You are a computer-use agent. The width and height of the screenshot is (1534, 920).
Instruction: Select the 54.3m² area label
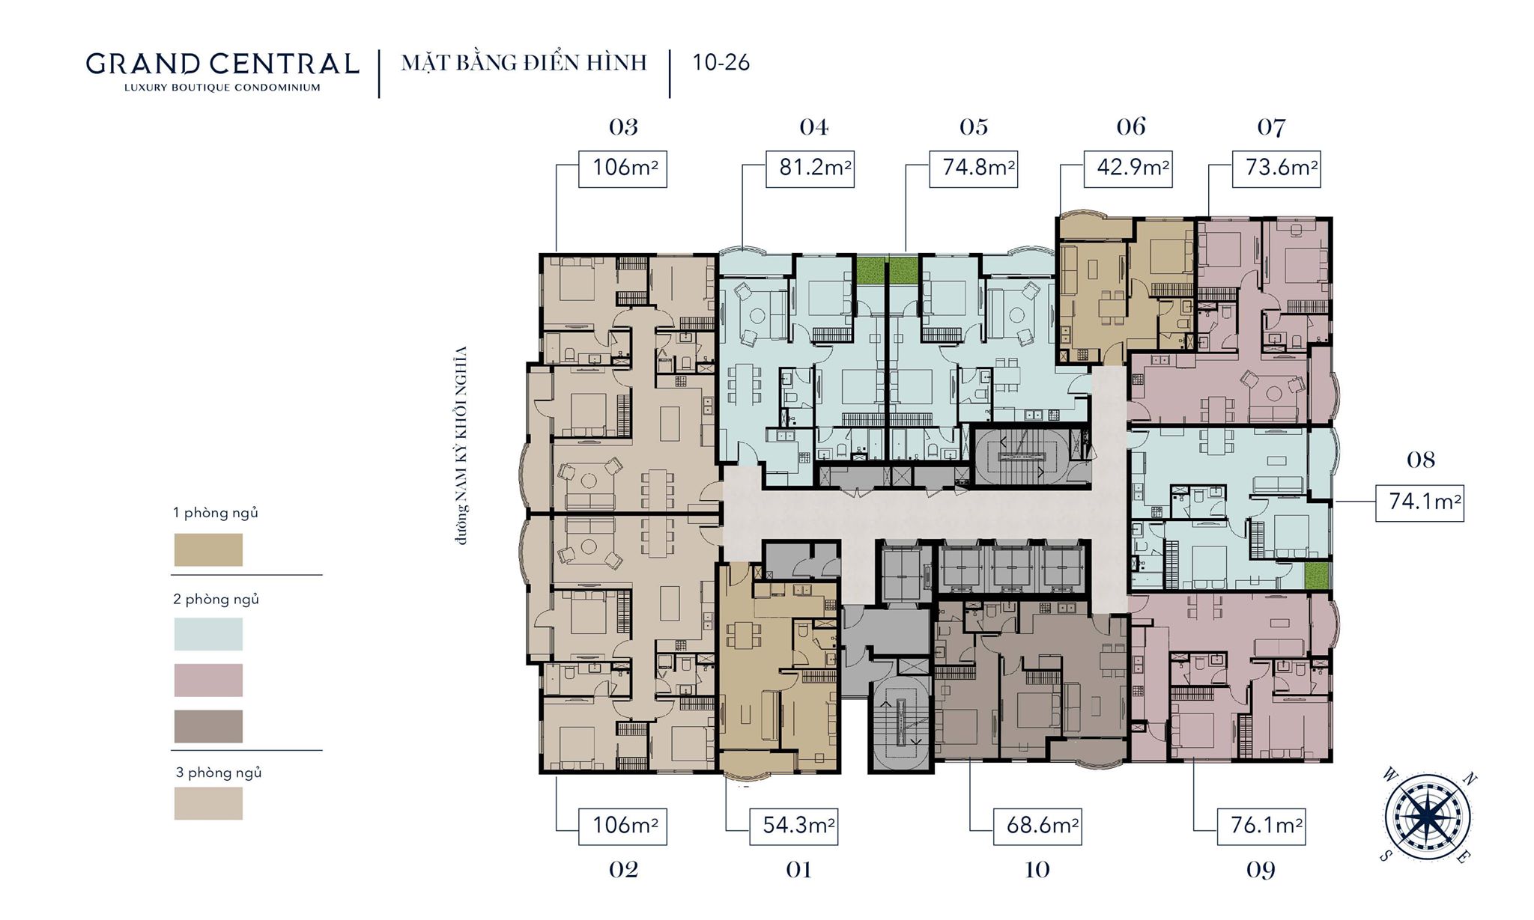(x=794, y=826)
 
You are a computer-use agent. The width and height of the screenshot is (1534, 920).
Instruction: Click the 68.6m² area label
(x=1037, y=826)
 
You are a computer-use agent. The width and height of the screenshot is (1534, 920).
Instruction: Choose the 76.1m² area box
(x=1261, y=826)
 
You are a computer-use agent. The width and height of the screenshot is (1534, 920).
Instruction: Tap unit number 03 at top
(x=623, y=127)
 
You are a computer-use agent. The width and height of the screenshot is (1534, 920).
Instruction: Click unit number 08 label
(x=1421, y=460)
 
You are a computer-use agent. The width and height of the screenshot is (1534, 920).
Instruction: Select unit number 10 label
(x=1037, y=870)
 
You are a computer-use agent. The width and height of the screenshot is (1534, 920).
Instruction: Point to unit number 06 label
(x=1131, y=127)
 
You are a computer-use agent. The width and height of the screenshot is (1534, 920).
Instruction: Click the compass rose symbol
(x=1428, y=815)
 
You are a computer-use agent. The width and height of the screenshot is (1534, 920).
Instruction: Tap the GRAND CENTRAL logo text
(x=222, y=64)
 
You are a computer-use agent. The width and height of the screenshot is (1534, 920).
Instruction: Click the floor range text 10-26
(x=721, y=62)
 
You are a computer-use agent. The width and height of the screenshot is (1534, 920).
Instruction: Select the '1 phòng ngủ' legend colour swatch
(x=208, y=549)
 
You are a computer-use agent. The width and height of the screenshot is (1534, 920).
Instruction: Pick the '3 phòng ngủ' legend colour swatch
(x=208, y=803)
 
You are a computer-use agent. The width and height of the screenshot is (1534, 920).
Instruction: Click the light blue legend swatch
(x=208, y=634)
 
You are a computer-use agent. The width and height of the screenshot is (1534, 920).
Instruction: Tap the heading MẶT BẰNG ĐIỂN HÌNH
(x=524, y=62)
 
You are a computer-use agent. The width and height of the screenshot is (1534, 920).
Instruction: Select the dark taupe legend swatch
(x=208, y=726)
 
